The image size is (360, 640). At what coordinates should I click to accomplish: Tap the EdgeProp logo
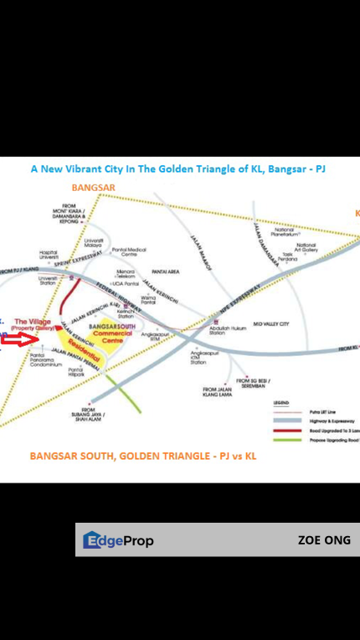click(x=118, y=541)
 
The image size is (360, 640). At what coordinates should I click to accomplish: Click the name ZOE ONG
click(x=323, y=540)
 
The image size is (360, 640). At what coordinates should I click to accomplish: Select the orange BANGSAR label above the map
click(x=92, y=187)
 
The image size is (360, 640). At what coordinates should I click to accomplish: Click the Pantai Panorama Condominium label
click(x=46, y=361)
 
